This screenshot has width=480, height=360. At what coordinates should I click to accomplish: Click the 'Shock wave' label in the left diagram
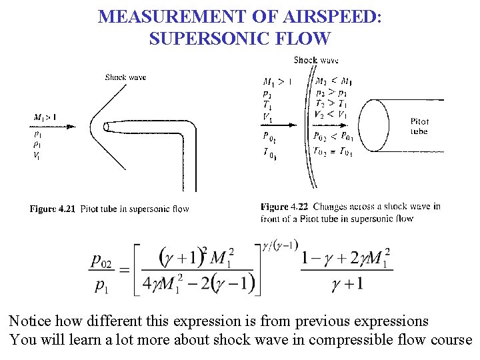125,77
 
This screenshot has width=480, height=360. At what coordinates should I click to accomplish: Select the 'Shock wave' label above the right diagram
316,60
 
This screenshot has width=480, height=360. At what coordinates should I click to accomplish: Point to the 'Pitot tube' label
419,126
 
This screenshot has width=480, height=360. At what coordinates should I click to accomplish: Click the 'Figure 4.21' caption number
52,209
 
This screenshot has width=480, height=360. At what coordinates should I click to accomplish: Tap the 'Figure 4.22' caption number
284,207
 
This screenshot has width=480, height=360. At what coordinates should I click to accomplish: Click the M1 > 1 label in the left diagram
45,117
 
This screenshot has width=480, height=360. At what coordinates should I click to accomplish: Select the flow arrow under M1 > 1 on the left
53,126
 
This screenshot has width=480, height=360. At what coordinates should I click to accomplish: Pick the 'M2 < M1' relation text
334,82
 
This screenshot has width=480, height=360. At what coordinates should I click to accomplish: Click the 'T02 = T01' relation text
333,151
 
